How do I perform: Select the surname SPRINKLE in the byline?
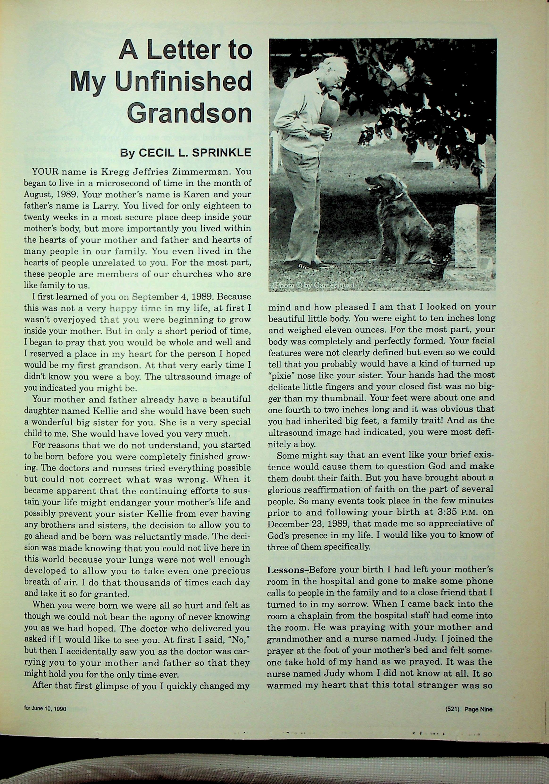point(222,153)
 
